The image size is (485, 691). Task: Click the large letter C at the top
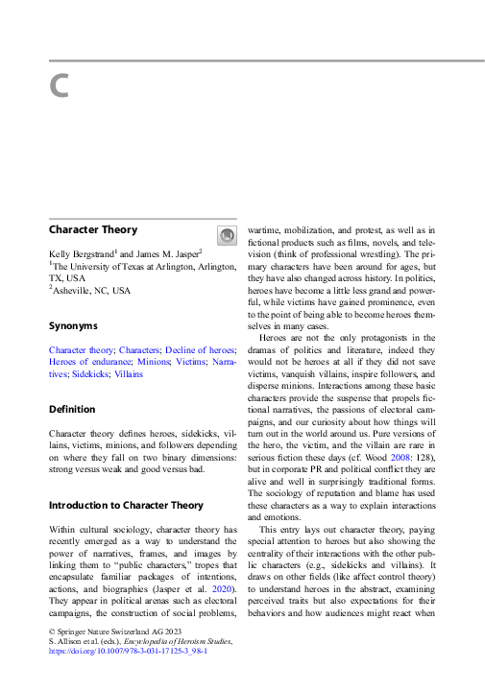pyautogui.click(x=59, y=86)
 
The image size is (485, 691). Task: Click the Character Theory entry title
pyautogui.click(x=93, y=230)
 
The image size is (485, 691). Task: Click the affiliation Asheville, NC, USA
pyautogui.click(x=92, y=290)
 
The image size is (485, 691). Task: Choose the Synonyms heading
pyautogui.click(x=73, y=326)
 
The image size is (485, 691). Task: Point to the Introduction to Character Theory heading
pyautogui.click(x=126, y=505)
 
